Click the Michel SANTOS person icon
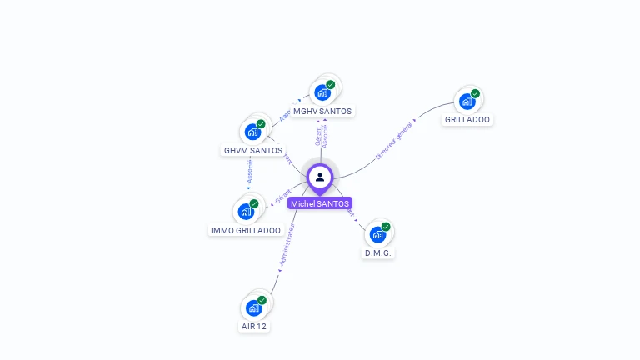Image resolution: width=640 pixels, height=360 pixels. pyautogui.click(x=320, y=177)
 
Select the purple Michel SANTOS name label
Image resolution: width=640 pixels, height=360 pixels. pyautogui.click(x=320, y=203)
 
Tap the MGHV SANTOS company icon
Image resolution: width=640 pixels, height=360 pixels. pyautogui.click(x=322, y=92)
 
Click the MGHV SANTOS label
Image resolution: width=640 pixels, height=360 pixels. pyautogui.click(x=322, y=111)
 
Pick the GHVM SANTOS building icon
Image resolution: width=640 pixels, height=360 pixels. pyautogui.click(x=252, y=132)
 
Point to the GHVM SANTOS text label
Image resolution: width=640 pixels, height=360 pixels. pyautogui.click(x=253, y=150)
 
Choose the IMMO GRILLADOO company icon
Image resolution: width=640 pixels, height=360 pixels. pyautogui.click(x=246, y=211)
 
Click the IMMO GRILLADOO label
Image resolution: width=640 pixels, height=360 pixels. pyautogui.click(x=246, y=230)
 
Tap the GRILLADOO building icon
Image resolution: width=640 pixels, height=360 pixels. pyautogui.click(x=467, y=102)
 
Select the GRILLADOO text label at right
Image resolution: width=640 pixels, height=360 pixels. pyautogui.click(x=467, y=119)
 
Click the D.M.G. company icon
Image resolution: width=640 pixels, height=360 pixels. pyautogui.click(x=377, y=234)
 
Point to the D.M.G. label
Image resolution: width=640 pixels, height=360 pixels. pyautogui.click(x=377, y=252)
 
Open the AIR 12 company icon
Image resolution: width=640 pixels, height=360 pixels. pyautogui.click(x=254, y=307)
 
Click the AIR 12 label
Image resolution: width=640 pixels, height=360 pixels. pyautogui.click(x=254, y=326)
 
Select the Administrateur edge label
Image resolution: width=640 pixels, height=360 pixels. pyautogui.click(x=287, y=246)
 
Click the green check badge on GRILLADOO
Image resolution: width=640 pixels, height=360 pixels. pyautogui.click(x=475, y=93)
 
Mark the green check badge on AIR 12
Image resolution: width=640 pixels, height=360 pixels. pyautogui.click(x=262, y=300)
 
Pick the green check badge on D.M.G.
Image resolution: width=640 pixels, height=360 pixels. pyautogui.click(x=386, y=227)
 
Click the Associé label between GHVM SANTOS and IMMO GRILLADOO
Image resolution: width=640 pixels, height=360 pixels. pyautogui.click(x=249, y=171)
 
